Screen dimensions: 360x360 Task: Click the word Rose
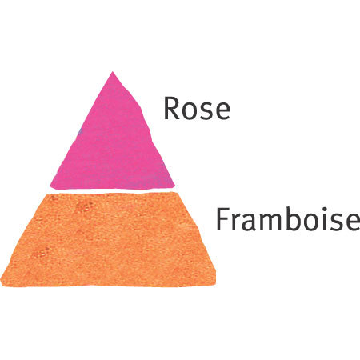click(x=197, y=108)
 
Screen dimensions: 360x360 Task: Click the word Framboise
click(x=288, y=220)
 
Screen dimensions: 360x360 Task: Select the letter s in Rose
click(x=206, y=110)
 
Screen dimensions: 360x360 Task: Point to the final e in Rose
click(x=222, y=110)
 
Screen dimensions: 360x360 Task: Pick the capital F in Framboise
click(x=223, y=220)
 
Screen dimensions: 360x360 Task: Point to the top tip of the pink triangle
click(x=112, y=72)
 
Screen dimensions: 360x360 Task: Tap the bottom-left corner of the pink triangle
click(x=50, y=186)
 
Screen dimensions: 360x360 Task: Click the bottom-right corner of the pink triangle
click(x=174, y=186)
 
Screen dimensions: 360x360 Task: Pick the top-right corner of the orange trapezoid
click(x=178, y=193)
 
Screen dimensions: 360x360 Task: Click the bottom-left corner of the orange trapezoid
click(x=1, y=285)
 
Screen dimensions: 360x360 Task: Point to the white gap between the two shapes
click(x=112, y=191)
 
